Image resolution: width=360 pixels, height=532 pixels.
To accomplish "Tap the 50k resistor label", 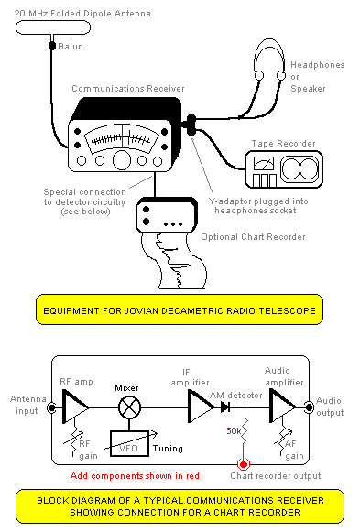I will (x=235, y=430).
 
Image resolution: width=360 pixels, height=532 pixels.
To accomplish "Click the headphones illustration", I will (x=271, y=68).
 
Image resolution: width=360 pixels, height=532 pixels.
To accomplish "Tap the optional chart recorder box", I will (x=167, y=217).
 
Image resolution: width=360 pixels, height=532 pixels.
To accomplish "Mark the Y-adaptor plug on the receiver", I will (x=191, y=125).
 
